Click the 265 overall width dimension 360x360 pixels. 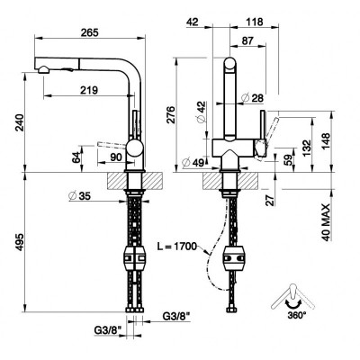click(90, 32)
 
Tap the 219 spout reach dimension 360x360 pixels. click(89, 90)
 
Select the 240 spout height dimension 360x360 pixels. click(20, 121)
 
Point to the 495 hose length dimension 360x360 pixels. click(20, 241)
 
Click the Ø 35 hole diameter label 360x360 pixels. click(80, 195)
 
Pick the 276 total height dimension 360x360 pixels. click(170, 114)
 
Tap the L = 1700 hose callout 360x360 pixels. click(176, 247)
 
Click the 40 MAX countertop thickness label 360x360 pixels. click(327, 222)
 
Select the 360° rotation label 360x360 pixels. click(297, 315)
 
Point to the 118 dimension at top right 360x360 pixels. click(254, 22)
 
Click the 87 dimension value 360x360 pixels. click(247, 40)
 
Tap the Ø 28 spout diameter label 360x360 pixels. click(253, 98)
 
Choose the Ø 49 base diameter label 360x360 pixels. click(193, 162)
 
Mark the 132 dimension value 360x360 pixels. click(307, 148)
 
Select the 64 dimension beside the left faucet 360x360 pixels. click(76, 157)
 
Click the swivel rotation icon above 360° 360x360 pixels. click(292, 299)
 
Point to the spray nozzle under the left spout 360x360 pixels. click(44, 69)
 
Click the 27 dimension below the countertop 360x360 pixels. click(271, 200)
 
